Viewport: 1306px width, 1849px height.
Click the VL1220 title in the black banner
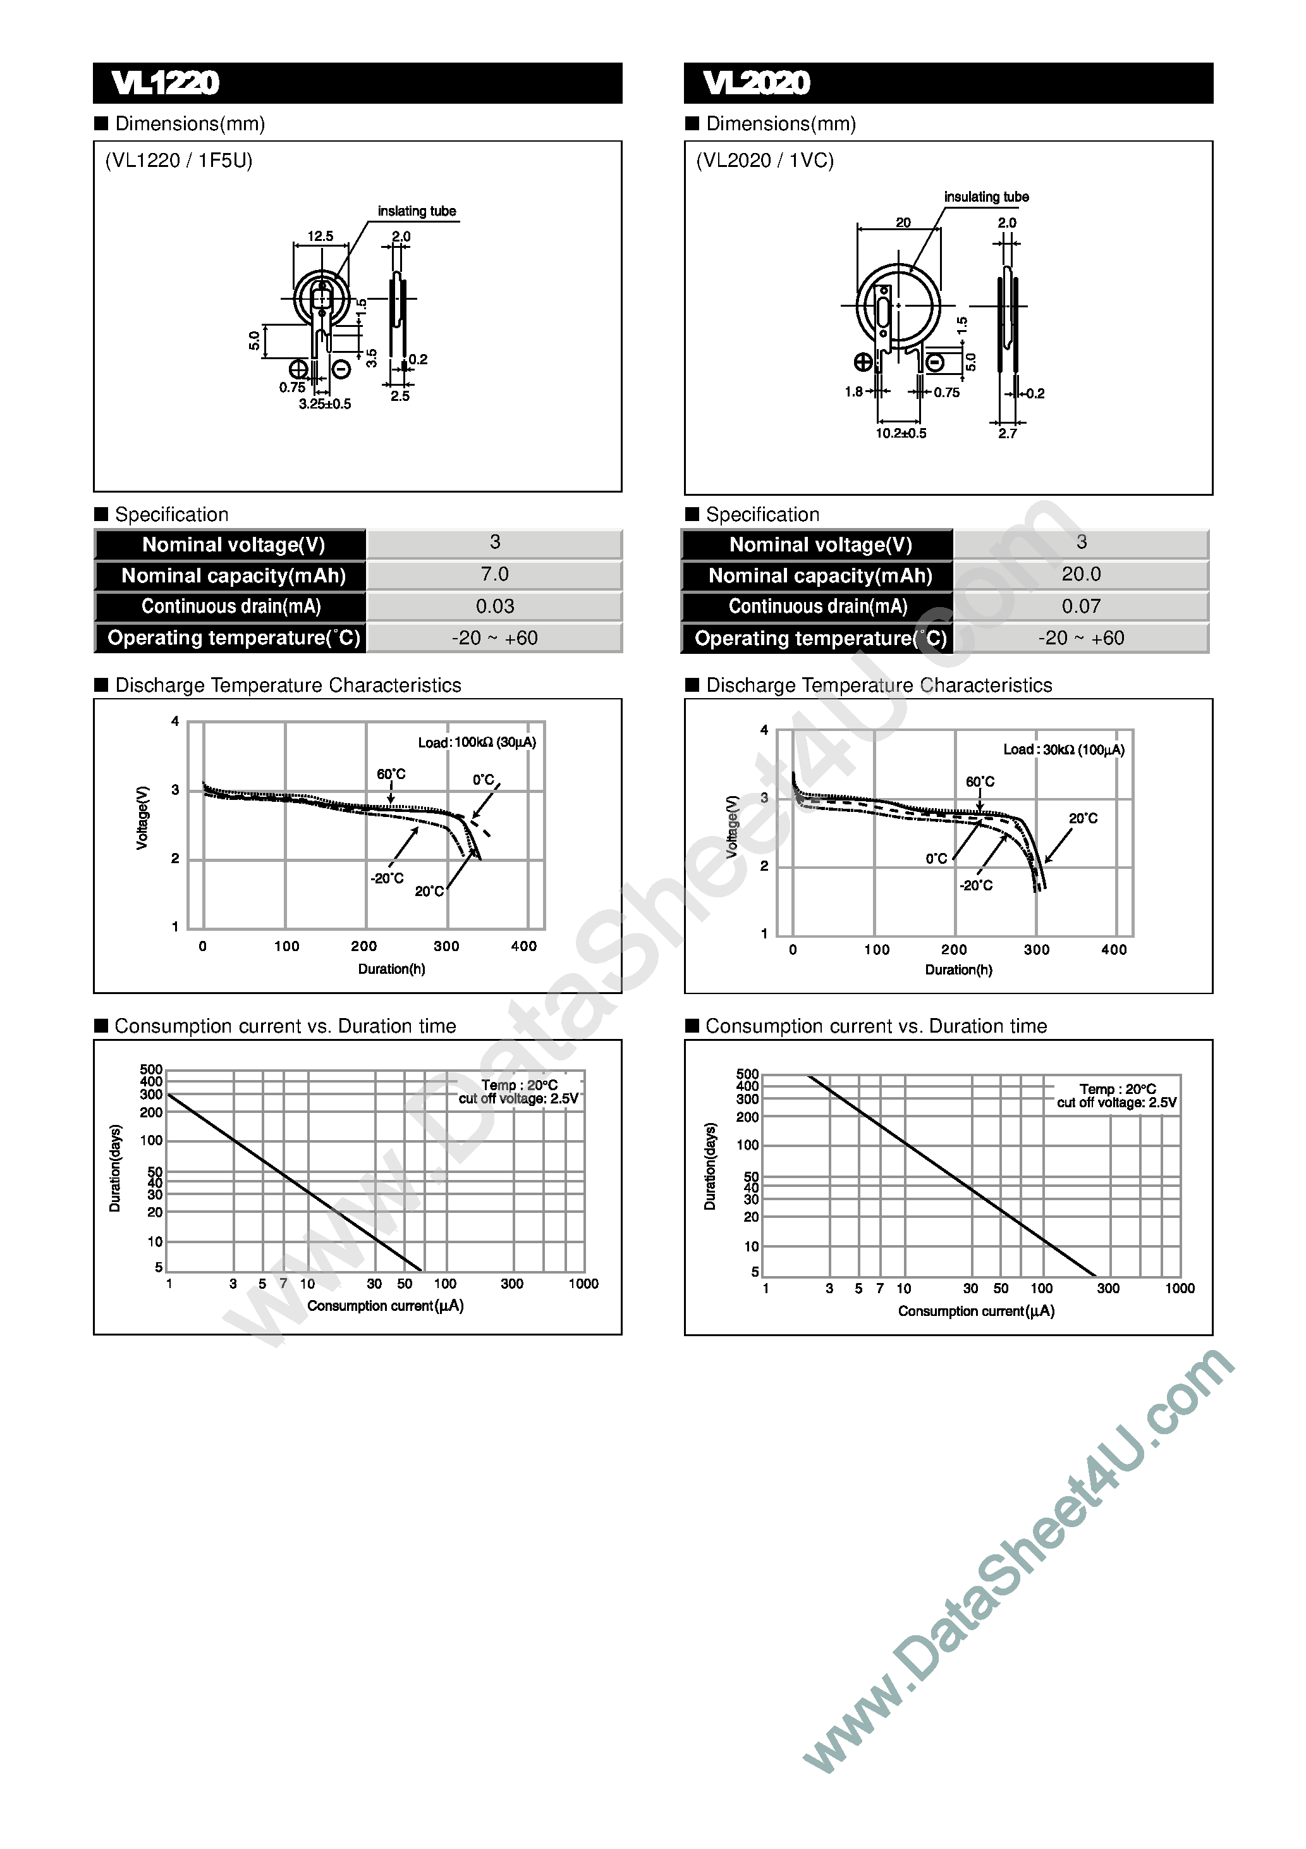pyautogui.click(x=165, y=83)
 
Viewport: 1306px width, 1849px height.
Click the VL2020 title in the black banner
pyautogui.click(x=756, y=83)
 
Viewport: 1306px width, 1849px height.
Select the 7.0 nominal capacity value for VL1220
pyautogui.click(x=494, y=574)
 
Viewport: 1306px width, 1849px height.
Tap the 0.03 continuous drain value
pyautogui.click(x=494, y=606)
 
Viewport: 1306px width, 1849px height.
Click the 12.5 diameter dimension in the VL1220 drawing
pyautogui.click(x=320, y=236)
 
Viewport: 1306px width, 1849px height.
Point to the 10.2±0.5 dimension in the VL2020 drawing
pyautogui.click(x=901, y=433)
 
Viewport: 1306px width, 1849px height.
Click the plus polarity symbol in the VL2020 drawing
pyautogui.click(x=862, y=362)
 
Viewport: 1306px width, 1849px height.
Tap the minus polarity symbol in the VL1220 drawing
pyautogui.click(x=341, y=370)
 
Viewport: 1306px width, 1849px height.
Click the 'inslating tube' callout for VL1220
pyautogui.click(x=417, y=211)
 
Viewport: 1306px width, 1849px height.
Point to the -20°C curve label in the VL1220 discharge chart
pyautogui.click(x=388, y=878)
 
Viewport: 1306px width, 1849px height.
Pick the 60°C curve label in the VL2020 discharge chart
pyautogui.click(x=980, y=782)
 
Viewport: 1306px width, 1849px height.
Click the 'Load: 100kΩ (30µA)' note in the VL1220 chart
pyautogui.click(x=477, y=742)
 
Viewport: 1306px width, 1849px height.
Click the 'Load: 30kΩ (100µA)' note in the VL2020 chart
pyautogui.click(x=1064, y=750)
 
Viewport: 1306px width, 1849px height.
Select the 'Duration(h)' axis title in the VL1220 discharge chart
pyautogui.click(x=391, y=969)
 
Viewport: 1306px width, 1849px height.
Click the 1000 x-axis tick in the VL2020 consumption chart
pyautogui.click(x=1180, y=1289)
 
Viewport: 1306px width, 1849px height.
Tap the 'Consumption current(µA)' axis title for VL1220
pyautogui.click(x=386, y=1305)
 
